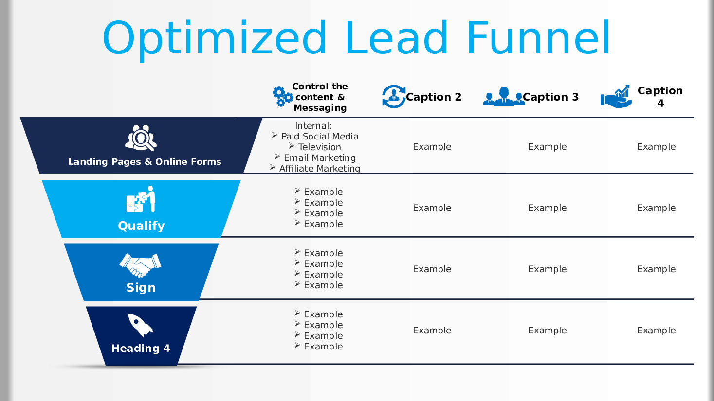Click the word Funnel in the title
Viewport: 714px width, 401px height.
(538, 37)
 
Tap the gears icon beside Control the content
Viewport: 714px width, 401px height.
(283, 96)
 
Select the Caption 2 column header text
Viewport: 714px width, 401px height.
(434, 97)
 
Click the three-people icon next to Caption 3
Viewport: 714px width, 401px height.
(504, 96)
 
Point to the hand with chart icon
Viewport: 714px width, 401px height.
(616, 96)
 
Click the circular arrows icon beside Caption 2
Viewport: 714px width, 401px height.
(394, 96)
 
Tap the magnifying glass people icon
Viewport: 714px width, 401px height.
(141, 138)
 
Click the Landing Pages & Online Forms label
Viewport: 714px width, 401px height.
(145, 162)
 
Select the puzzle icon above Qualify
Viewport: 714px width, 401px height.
(141, 199)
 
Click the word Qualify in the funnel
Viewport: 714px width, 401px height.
(141, 226)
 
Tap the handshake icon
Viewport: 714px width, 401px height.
(140, 265)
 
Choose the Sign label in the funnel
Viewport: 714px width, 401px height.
(141, 288)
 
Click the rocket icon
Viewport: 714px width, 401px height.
(141, 325)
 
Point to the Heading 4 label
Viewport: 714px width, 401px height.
(141, 348)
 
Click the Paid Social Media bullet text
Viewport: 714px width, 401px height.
(320, 137)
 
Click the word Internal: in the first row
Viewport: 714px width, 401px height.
(313, 126)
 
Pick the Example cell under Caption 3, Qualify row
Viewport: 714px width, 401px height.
(547, 208)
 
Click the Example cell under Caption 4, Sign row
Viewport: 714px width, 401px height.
(656, 269)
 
